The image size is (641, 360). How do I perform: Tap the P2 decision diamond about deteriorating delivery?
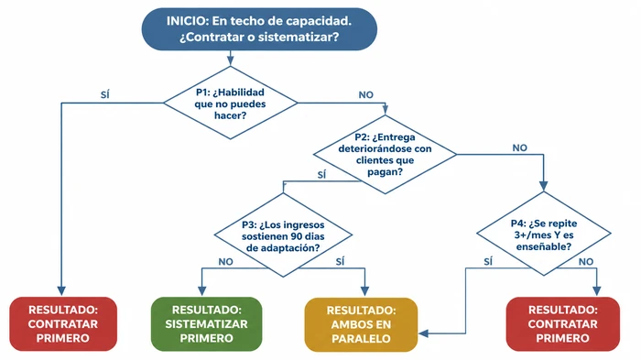pos(385,155)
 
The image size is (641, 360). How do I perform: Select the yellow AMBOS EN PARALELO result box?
pos(361,323)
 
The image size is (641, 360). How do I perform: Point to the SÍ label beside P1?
pos(105,94)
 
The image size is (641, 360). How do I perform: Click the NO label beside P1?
pos(365,94)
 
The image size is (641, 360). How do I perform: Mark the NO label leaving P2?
pos(520,147)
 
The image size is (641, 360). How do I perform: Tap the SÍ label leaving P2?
pos(321,174)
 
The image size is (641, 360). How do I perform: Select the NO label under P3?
pos(225,261)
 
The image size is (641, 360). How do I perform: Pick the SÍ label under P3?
pos(340,261)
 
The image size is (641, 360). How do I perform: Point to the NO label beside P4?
pos(587,261)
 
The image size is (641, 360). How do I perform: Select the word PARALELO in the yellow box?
pos(361,338)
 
